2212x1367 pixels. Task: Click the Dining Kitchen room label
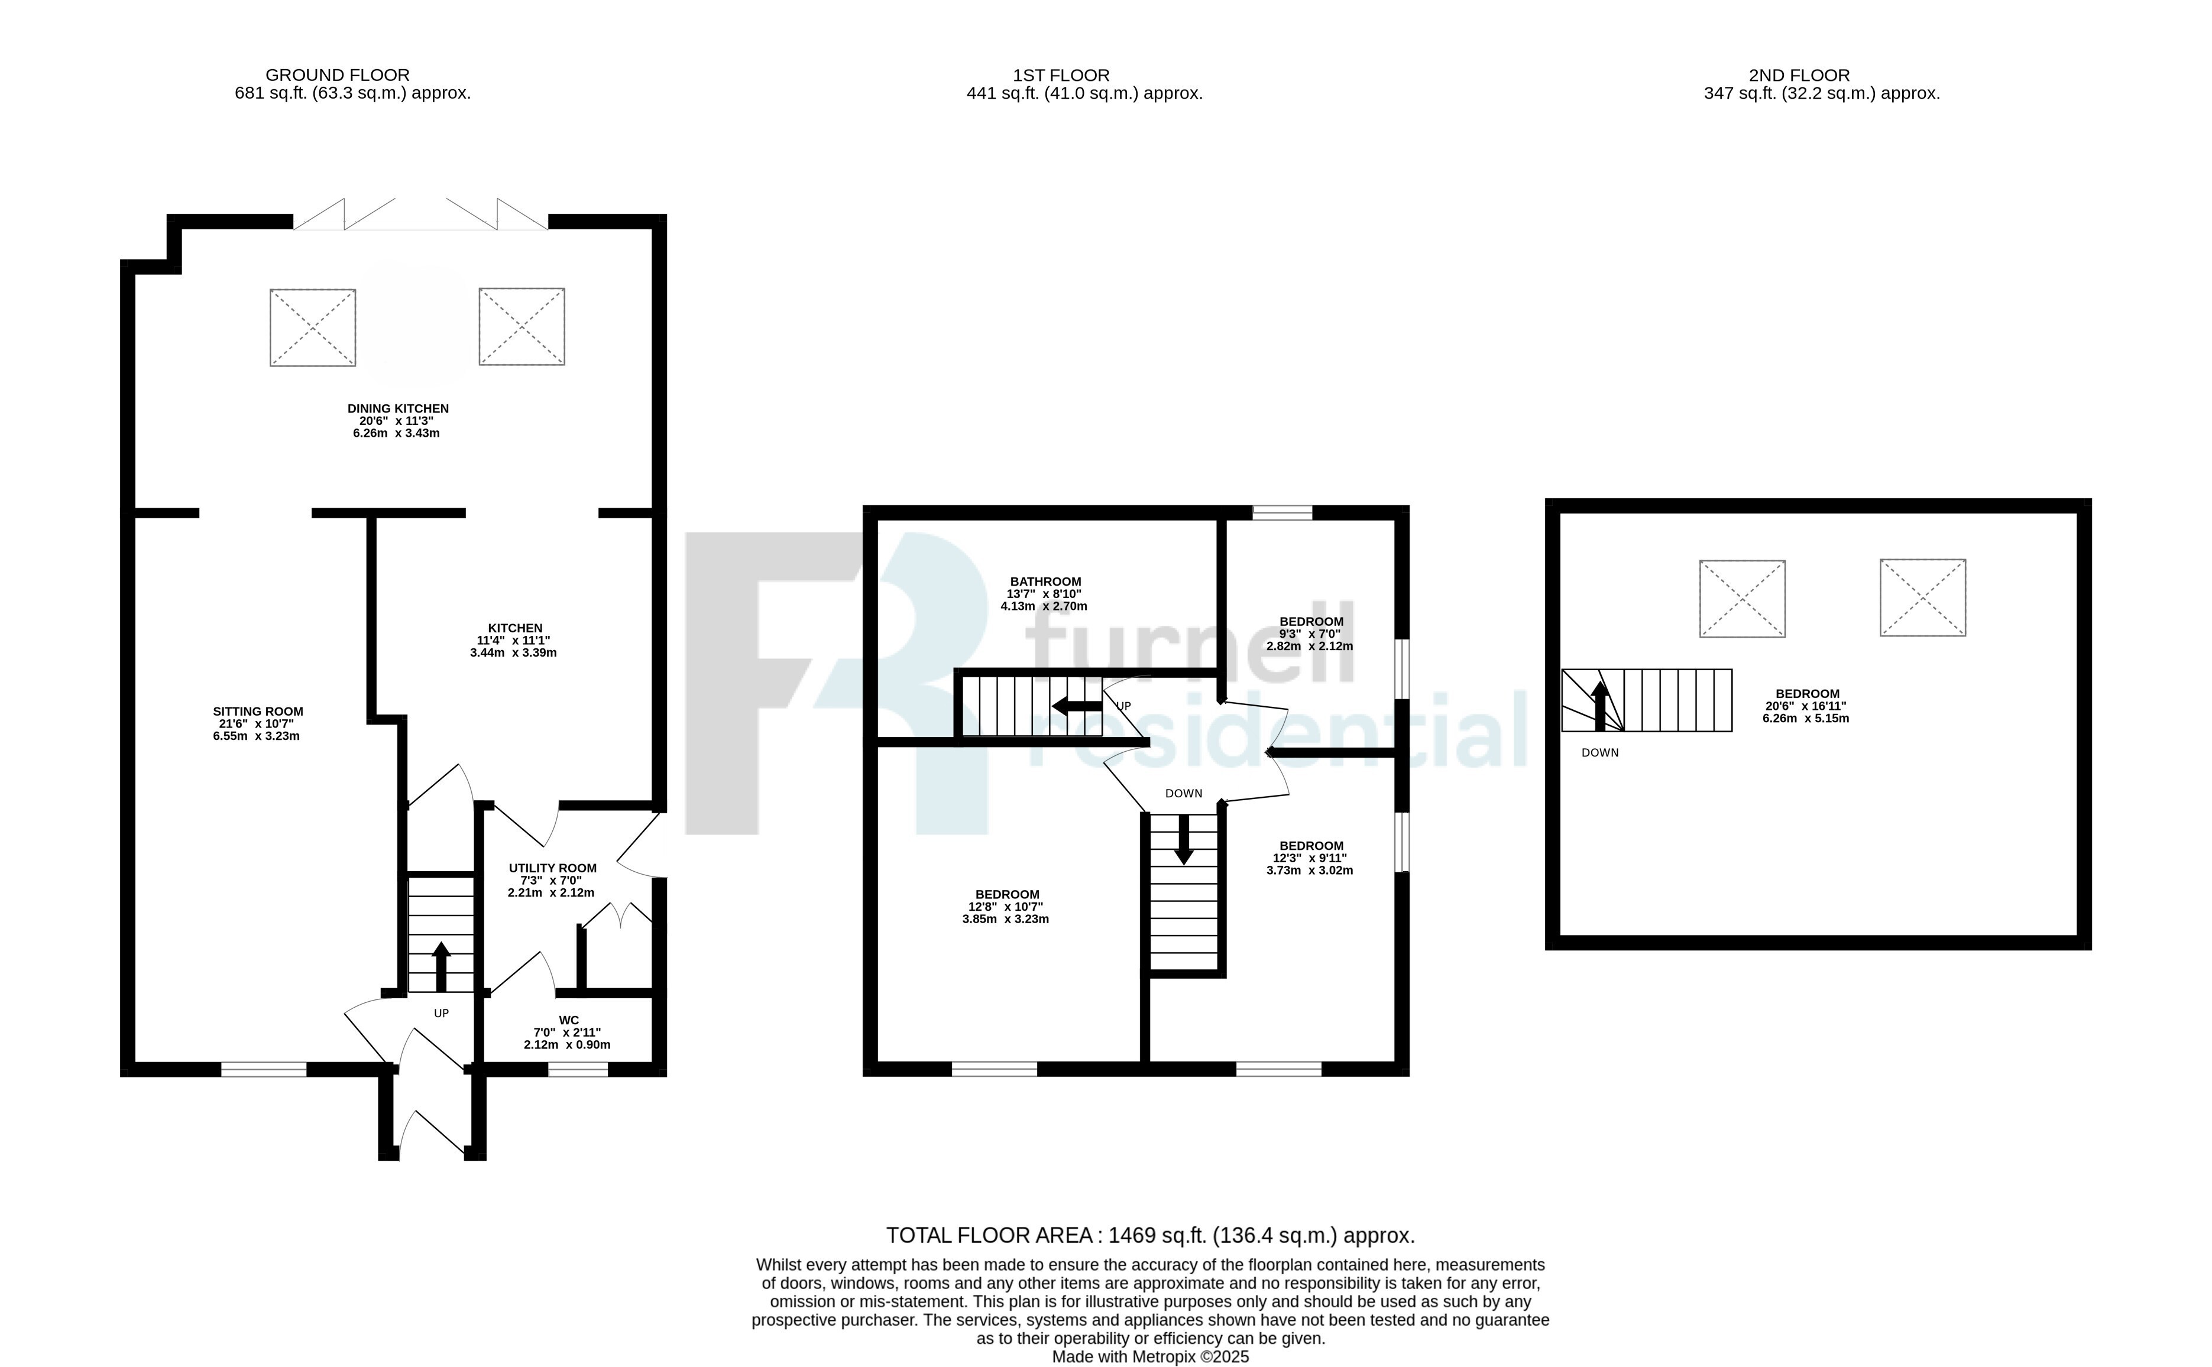(x=398, y=408)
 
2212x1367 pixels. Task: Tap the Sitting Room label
(x=258, y=712)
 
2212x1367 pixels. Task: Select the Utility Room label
(x=552, y=868)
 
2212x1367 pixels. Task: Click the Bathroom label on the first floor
(x=1045, y=582)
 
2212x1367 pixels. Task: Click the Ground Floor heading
(x=337, y=75)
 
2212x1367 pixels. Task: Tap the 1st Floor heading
(x=1061, y=75)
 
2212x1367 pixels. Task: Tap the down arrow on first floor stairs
(x=1183, y=841)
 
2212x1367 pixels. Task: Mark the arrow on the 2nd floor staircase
(x=1600, y=705)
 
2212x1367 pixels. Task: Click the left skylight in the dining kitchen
(x=313, y=327)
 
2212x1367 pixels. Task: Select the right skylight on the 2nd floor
(x=1923, y=598)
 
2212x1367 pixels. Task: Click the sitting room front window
(x=264, y=1070)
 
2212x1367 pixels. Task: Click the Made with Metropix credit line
(x=1150, y=1357)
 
